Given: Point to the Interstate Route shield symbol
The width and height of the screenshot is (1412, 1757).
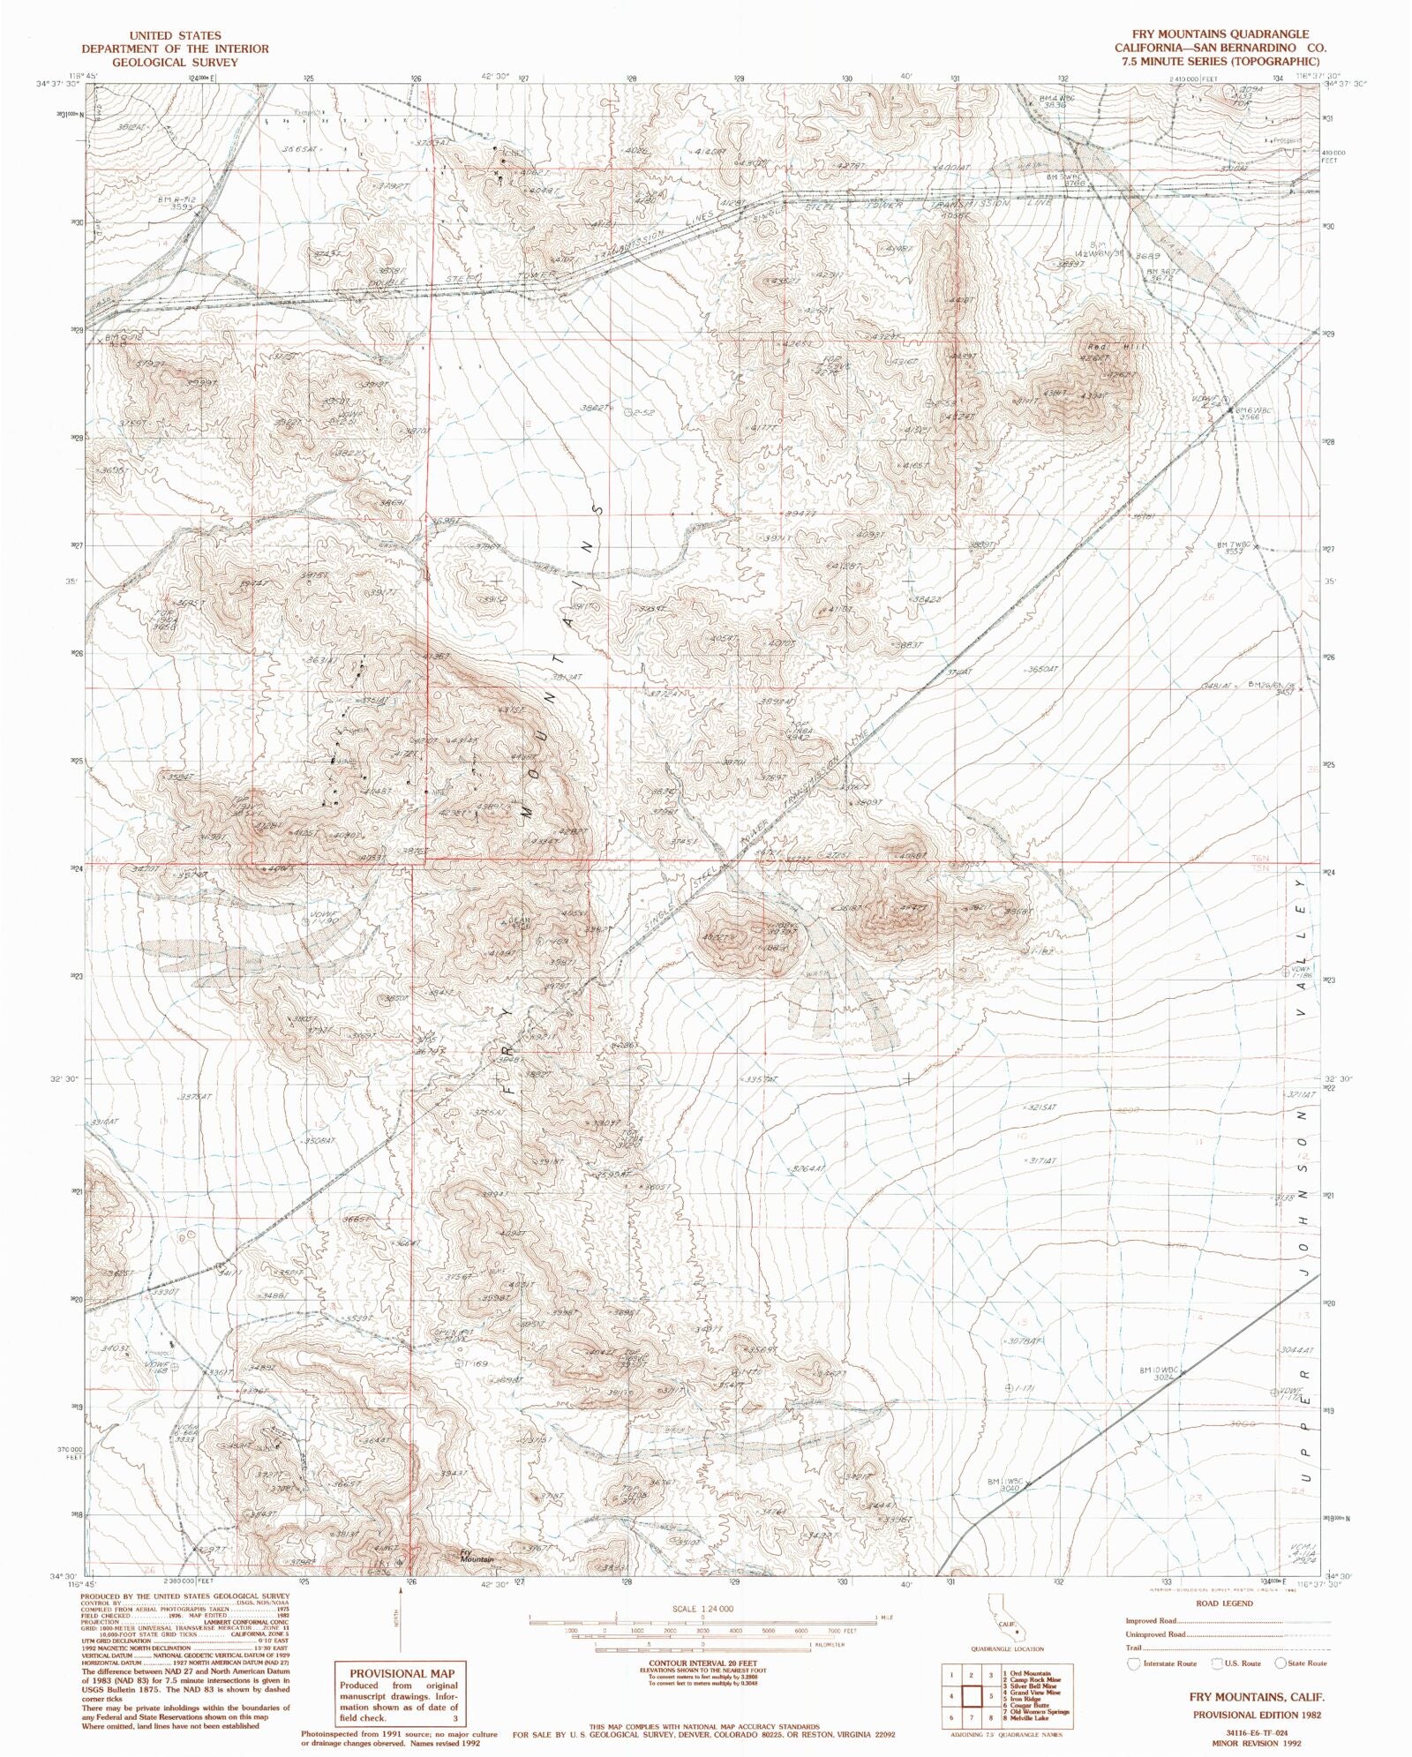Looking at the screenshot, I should (x=1134, y=1663).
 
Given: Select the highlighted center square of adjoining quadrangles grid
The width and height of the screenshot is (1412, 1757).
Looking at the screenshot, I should (x=973, y=1696).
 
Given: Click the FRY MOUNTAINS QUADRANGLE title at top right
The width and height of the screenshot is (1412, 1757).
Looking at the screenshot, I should (x=1219, y=34).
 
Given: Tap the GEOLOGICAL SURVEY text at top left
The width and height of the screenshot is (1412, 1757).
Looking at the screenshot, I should (x=175, y=63).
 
